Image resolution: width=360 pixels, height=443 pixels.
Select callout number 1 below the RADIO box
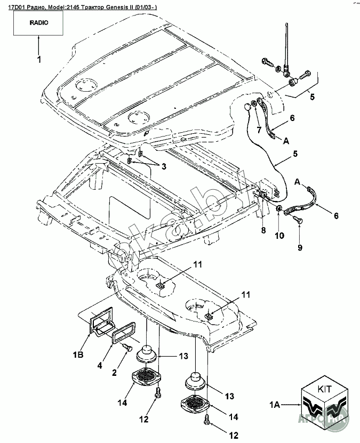pyautogui.click(x=38, y=60)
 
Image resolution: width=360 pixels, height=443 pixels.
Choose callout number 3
pyautogui.click(x=164, y=166)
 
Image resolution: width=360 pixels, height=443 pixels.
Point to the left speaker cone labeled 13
pyautogui.click(x=146, y=353)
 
